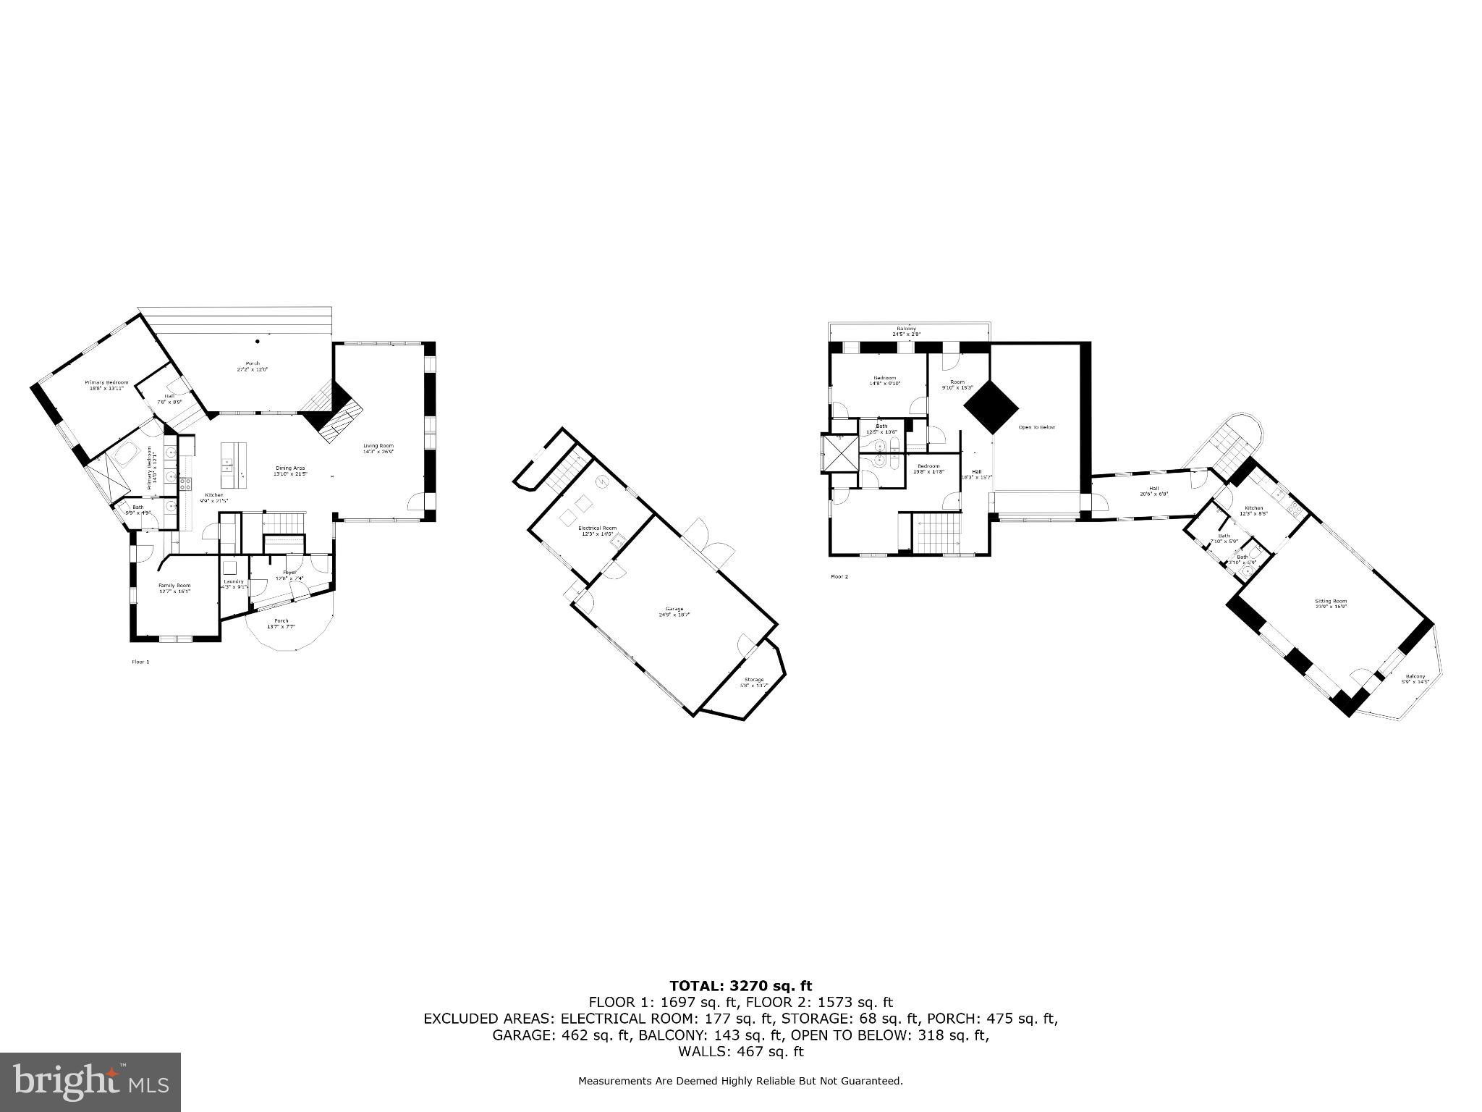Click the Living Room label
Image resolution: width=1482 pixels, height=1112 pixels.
click(378, 448)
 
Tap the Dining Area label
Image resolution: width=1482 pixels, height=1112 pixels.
click(291, 471)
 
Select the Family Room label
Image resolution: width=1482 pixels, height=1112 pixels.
click(174, 588)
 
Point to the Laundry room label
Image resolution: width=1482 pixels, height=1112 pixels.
click(234, 584)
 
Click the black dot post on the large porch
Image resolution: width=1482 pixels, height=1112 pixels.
click(257, 341)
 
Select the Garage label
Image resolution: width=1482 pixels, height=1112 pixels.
click(674, 611)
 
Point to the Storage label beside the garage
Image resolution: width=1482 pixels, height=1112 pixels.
click(754, 682)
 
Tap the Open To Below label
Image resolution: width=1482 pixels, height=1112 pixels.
click(1037, 427)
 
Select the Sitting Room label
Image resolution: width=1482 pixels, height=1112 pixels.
click(1331, 603)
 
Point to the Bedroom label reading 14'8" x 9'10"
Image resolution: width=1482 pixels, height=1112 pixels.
click(884, 380)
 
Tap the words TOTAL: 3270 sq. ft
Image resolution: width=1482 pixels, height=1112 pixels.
click(740, 985)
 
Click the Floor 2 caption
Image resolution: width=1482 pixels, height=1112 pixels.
click(839, 577)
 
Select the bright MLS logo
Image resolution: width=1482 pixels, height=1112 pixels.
click(90, 1082)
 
